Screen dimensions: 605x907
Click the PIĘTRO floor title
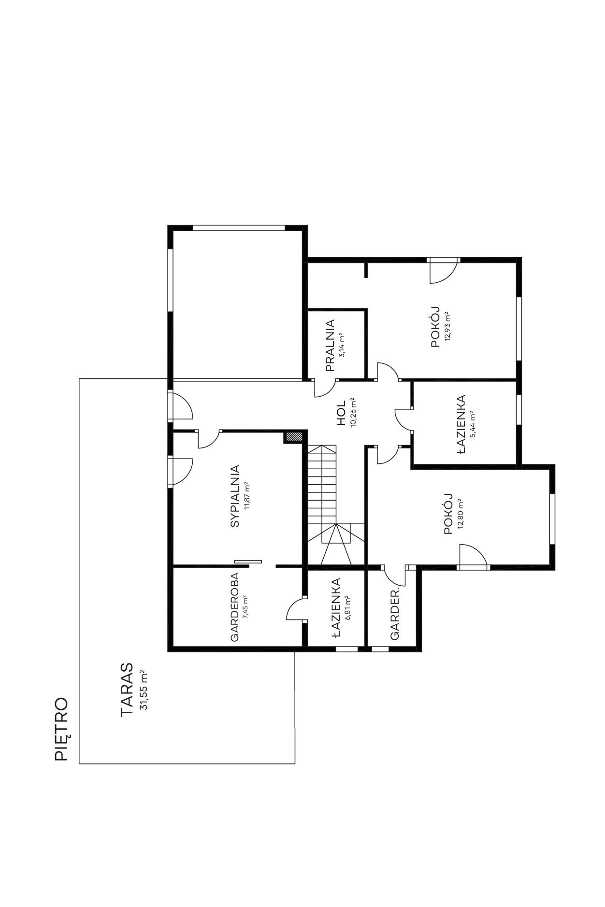click(61, 729)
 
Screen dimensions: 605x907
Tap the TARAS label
click(127, 689)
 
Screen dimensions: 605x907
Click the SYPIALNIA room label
click(235, 496)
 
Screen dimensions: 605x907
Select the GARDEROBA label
click(235, 607)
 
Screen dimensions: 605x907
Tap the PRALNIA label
click(330, 345)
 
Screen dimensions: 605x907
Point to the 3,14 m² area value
click(342, 345)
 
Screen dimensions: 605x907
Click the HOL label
click(342, 413)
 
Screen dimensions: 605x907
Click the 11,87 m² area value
click(247, 496)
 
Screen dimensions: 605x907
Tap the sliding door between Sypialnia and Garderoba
click(248, 561)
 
